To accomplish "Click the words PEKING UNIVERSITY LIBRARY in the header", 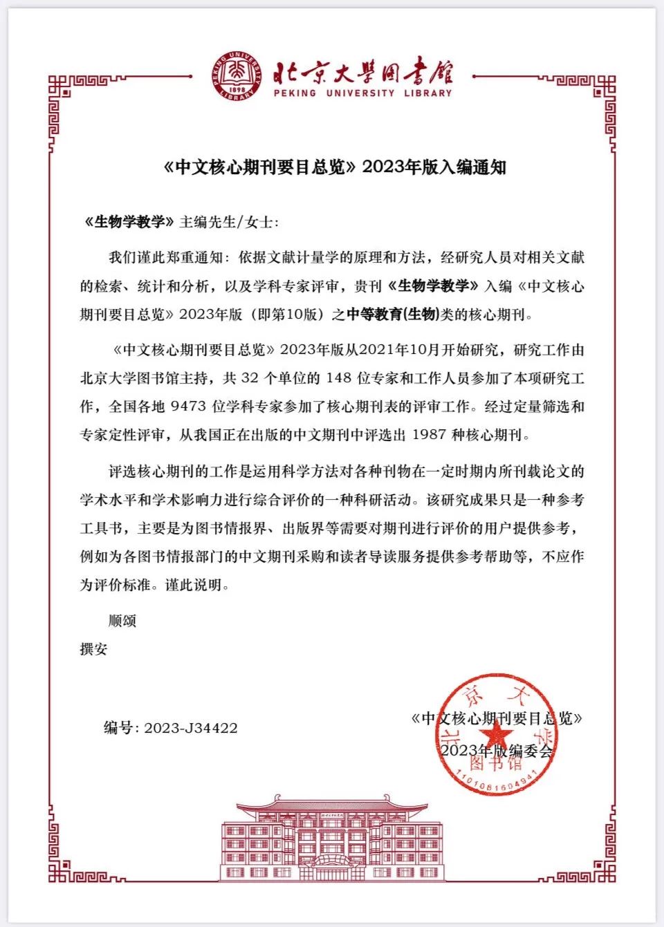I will pyautogui.click(x=362, y=93).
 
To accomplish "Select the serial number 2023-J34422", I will pyautogui.click(x=191, y=728).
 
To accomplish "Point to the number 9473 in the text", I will pyautogui.click(x=188, y=406).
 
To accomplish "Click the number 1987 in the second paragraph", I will pyautogui.click(x=429, y=435).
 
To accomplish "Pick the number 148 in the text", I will pyautogui.click(x=339, y=378).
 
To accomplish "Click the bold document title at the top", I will pyautogui.click(x=335, y=167).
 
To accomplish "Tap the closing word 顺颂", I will pyautogui.click(x=122, y=621).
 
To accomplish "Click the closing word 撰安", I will pyautogui.click(x=94, y=649).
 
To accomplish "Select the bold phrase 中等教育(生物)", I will pyautogui.click(x=393, y=315).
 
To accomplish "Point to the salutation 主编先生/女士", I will pyautogui.click(x=228, y=222).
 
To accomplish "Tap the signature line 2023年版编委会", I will pyautogui.click(x=497, y=751).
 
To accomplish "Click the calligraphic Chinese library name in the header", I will pyautogui.click(x=362, y=72).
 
